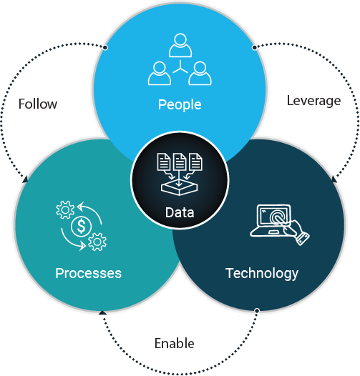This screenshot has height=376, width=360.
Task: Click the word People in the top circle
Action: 180,105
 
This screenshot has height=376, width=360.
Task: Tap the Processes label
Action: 88,273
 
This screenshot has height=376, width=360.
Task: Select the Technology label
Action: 262,274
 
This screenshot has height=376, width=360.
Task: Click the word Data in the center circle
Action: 180,212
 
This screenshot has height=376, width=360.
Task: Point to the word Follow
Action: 38,104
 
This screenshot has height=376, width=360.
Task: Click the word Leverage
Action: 313,101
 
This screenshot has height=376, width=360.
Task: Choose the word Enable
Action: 175,343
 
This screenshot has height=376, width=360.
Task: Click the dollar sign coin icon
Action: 82,227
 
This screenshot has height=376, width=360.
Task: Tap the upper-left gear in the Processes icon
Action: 65,210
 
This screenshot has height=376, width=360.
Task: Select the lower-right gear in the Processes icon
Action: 97,242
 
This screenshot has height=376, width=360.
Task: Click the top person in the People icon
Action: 180,45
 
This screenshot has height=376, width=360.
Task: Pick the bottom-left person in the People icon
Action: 160,73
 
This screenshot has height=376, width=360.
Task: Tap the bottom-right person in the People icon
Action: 200,73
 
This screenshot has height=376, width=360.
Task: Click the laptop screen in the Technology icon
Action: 274,216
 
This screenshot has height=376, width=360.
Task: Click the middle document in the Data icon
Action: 180,162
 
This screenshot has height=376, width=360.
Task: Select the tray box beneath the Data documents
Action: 179,188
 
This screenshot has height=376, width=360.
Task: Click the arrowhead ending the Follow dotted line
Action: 25,179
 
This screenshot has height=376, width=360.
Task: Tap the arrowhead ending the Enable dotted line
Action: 102,312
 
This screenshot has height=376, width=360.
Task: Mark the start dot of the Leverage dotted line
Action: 254,47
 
